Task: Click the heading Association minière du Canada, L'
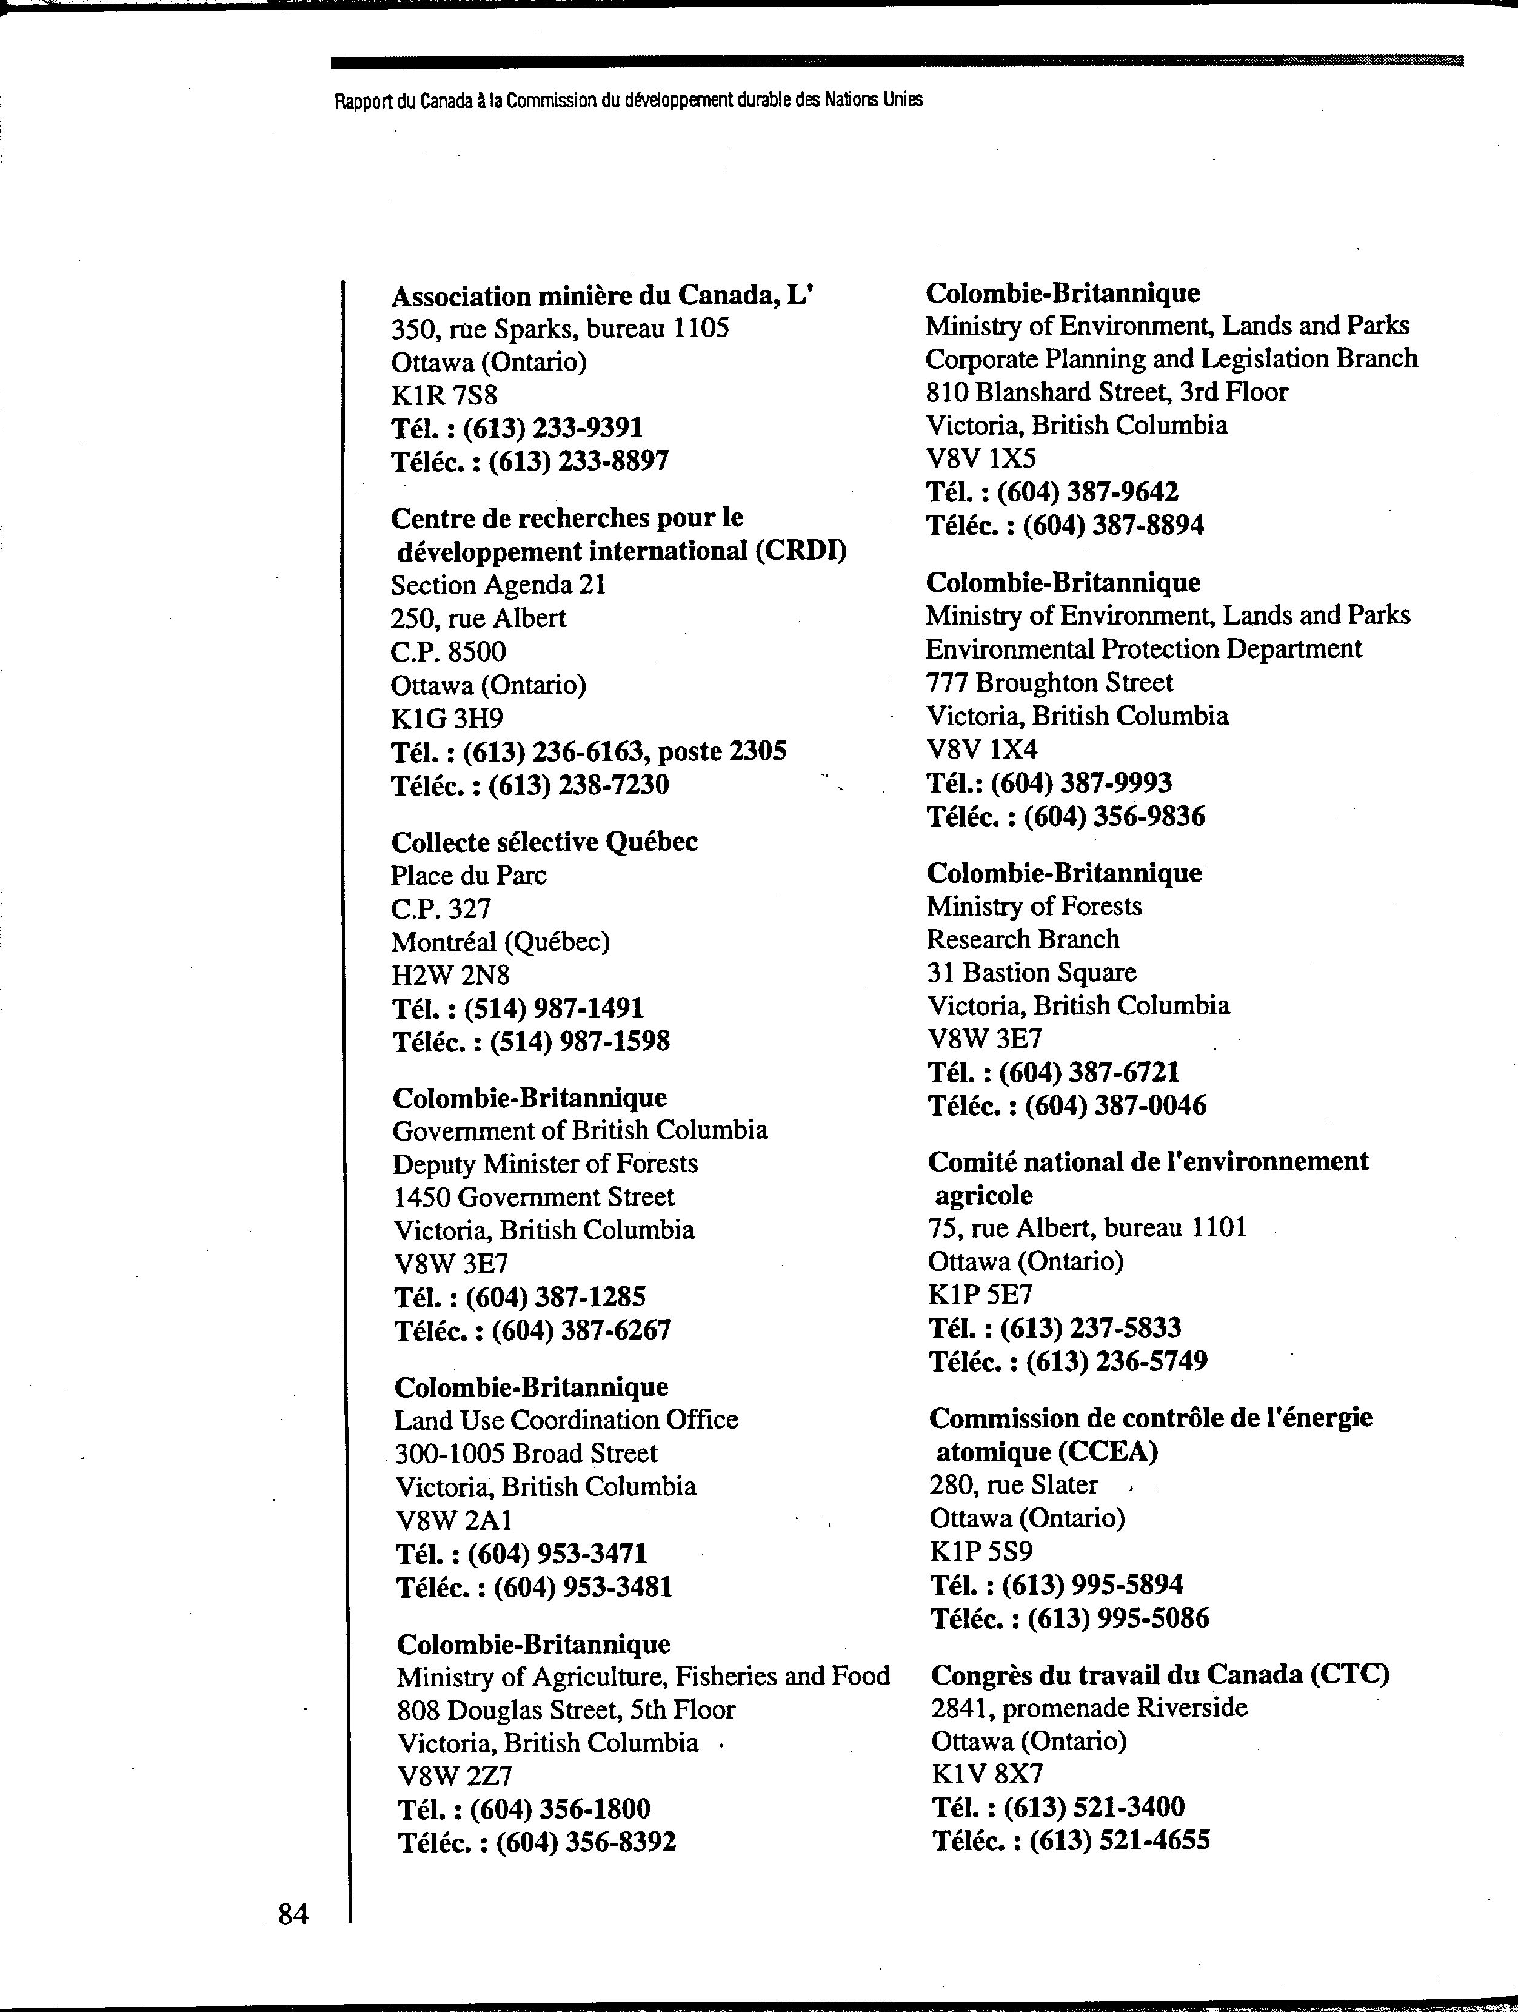coord(600,296)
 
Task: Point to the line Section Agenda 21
coord(498,585)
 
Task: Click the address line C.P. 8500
coord(449,651)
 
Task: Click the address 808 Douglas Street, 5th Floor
coord(566,1710)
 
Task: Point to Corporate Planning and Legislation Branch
coord(1171,358)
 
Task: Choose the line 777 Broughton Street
coord(1049,682)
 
